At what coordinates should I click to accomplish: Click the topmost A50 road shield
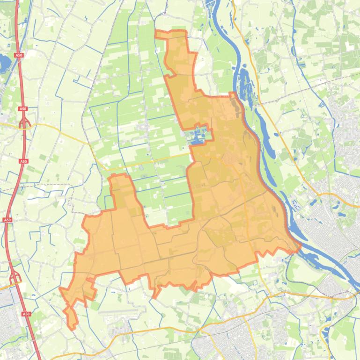[18, 55]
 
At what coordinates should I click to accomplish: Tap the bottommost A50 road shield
[26, 314]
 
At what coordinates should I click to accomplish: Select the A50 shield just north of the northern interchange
[22, 109]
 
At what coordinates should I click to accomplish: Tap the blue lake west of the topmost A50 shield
[5, 61]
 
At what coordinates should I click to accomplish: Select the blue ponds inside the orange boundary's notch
[198, 135]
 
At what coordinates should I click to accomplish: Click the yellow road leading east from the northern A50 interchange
[61, 129]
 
